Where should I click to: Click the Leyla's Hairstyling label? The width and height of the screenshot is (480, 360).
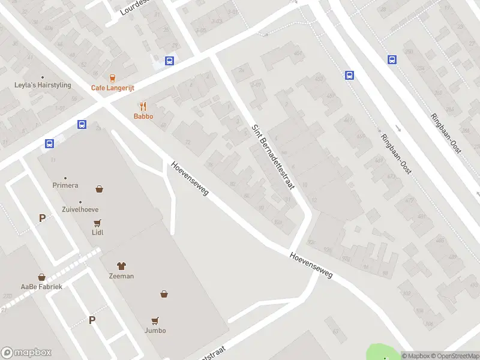tap(43, 85)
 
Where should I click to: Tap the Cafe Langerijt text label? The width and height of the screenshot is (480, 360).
tap(113, 88)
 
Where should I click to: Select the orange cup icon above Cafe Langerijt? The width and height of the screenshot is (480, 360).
tap(112, 77)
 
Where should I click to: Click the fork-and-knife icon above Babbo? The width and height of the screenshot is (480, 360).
tap(143, 106)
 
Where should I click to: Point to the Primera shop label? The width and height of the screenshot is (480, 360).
tap(65, 185)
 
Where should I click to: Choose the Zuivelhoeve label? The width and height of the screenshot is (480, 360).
tap(80, 209)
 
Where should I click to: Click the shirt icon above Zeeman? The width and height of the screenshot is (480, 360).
tap(121, 266)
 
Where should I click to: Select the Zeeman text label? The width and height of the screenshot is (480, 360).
tap(121, 276)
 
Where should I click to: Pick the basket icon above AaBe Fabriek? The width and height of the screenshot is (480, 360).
tap(42, 277)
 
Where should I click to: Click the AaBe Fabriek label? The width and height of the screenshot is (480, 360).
tap(41, 287)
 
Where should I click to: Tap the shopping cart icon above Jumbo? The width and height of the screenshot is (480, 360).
tap(155, 320)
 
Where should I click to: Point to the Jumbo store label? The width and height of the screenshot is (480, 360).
tap(155, 331)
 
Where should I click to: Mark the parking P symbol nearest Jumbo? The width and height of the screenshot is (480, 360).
tap(92, 320)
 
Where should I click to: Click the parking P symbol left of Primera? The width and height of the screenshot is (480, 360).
tap(42, 218)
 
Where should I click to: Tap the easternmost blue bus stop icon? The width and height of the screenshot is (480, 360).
tap(392, 59)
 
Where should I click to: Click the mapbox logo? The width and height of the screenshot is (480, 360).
tap(26, 353)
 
